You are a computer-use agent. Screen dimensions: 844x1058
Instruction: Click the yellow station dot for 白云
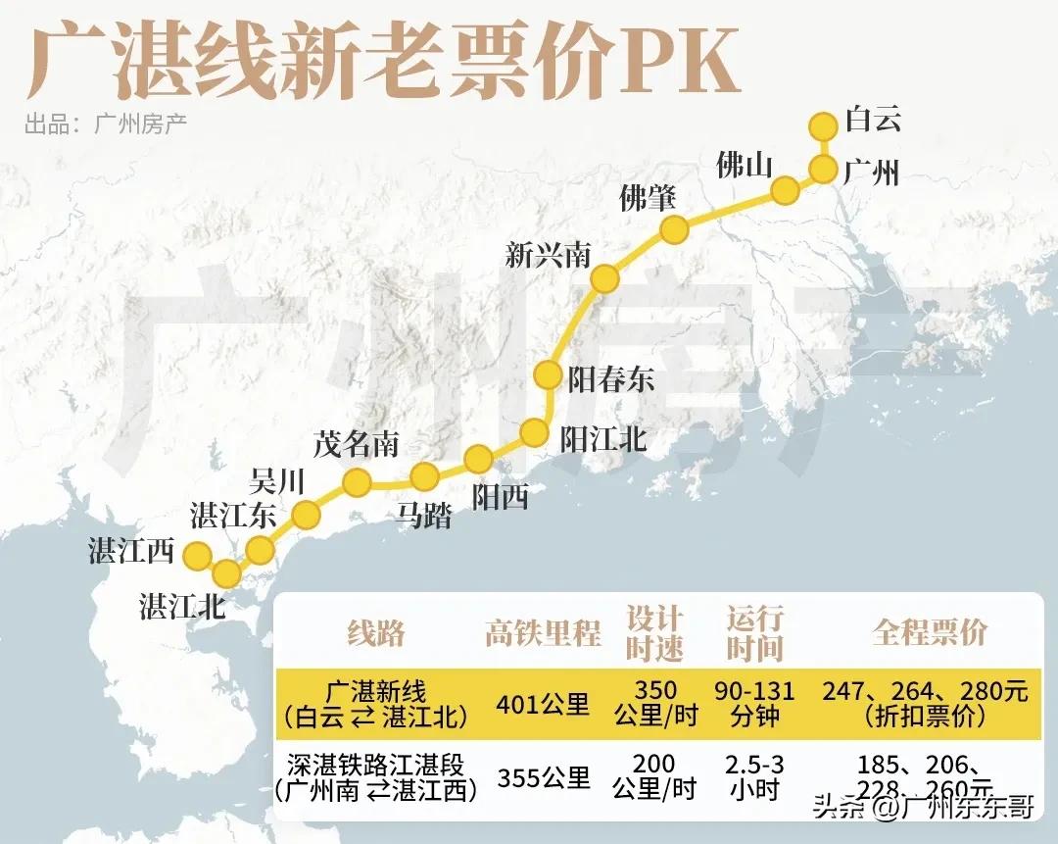click(x=824, y=125)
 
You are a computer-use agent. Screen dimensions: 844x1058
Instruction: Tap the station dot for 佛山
click(x=785, y=190)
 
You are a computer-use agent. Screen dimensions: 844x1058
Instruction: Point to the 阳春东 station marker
click(x=548, y=374)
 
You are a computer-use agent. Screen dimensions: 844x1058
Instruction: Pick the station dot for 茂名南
click(x=357, y=481)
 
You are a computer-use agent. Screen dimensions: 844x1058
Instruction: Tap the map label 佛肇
click(x=648, y=198)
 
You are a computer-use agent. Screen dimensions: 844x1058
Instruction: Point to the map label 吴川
click(x=278, y=481)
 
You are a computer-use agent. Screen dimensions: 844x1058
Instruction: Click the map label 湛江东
click(x=233, y=515)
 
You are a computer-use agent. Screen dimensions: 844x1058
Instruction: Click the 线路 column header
click(x=375, y=633)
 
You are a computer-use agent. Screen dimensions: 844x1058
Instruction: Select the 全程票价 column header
click(x=930, y=632)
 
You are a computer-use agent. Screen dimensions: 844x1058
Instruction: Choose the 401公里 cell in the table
click(x=543, y=704)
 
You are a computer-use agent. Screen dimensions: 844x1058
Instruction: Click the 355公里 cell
click(x=543, y=779)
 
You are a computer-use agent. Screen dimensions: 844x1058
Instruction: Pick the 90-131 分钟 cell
click(x=754, y=703)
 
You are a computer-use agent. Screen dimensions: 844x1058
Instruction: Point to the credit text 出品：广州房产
click(x=106, y=124)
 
